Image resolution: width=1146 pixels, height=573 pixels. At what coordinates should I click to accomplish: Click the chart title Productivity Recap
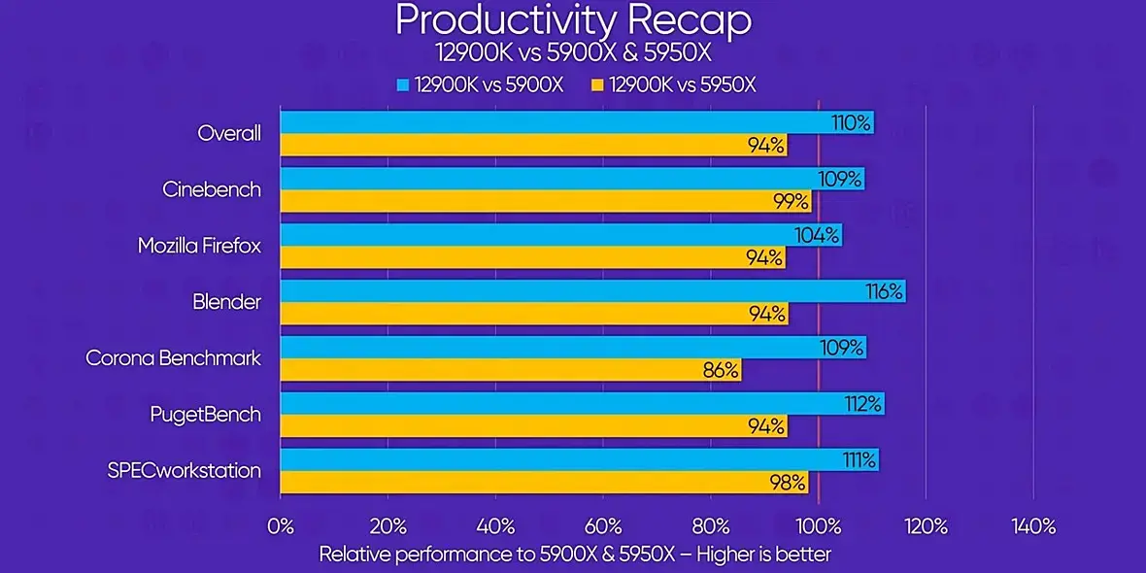tap(573, 19)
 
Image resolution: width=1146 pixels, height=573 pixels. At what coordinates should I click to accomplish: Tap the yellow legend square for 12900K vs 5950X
tap(597, 84)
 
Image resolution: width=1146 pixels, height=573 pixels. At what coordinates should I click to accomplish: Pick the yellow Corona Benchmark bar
tap(510, 370)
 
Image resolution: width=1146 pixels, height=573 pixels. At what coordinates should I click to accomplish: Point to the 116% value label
tap(884, 290)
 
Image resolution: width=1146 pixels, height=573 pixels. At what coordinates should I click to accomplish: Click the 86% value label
tap(720, 370)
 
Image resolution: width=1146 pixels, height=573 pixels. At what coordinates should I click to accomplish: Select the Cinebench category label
tap(212, 189)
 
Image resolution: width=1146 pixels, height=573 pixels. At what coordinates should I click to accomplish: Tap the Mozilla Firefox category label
tap(199, 246)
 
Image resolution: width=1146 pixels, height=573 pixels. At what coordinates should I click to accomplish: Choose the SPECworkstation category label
tap(184, 471)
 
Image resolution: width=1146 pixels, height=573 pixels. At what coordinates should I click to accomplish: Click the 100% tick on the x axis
tap(818, 526)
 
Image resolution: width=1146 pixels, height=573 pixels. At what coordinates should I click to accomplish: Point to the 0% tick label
tap(280, 526)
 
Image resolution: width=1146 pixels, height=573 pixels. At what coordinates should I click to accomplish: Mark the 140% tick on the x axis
tap(1033, 526)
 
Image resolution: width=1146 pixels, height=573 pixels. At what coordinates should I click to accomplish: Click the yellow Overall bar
tap(533, 146)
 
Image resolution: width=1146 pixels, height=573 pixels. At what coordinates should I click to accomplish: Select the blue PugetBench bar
tap(582, 403)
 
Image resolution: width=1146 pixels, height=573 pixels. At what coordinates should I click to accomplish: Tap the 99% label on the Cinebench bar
tap(791, 201)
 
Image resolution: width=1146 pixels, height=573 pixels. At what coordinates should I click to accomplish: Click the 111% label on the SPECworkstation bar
tap(859, 458)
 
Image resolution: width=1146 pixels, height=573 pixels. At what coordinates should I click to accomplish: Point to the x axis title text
tap(575, 555)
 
